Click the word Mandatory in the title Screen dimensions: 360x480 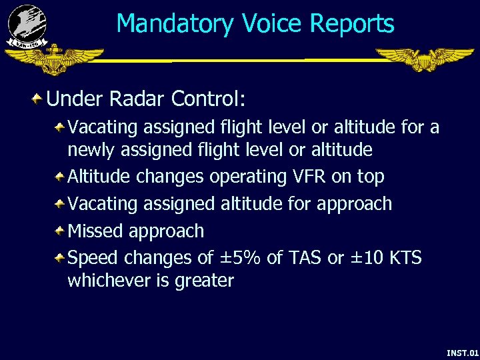[175, 25]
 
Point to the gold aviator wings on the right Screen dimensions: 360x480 [424, 59]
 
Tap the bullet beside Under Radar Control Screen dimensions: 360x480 [38, 99]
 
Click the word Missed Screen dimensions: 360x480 [97, 231]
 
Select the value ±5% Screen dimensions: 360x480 [236, 257]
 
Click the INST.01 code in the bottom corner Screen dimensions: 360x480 [462, 351]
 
